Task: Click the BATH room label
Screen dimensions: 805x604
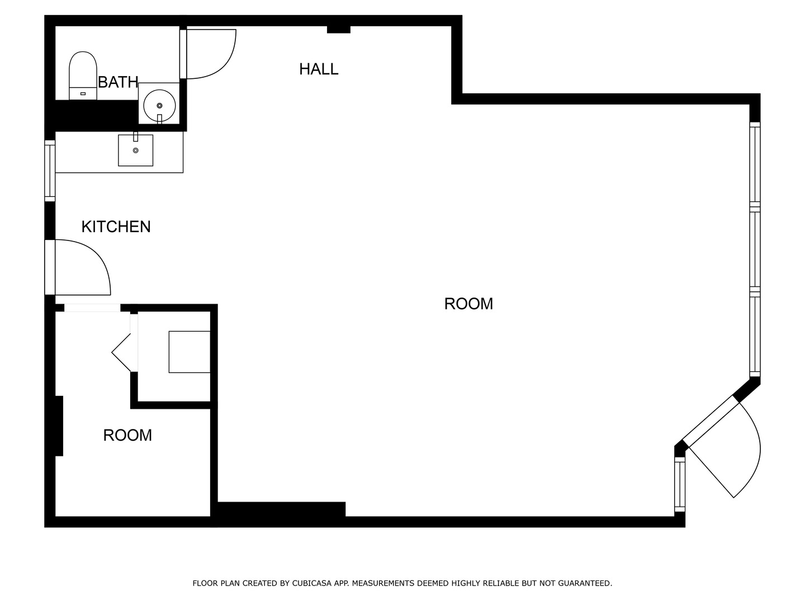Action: [118, 82]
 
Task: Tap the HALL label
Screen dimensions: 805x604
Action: [319, 69]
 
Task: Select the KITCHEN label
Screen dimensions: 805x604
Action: [116, 226]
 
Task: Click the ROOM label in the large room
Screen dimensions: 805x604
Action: [468, 304]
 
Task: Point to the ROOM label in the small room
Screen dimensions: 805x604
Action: [127, 435]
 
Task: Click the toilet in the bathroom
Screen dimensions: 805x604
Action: [83, 75]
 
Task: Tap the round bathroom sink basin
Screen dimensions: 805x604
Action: [159, 106]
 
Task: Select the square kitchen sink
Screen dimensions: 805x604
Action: [135, 150]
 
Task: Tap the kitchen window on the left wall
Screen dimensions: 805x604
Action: [50, 171]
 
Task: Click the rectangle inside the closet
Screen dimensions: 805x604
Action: [190, 352]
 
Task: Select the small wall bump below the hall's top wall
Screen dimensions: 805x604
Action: [339, 29]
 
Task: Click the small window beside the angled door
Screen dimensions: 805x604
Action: [680, 484]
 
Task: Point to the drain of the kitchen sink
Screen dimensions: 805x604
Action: [136, 150]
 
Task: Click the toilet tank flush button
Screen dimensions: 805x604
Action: [83, 94]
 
